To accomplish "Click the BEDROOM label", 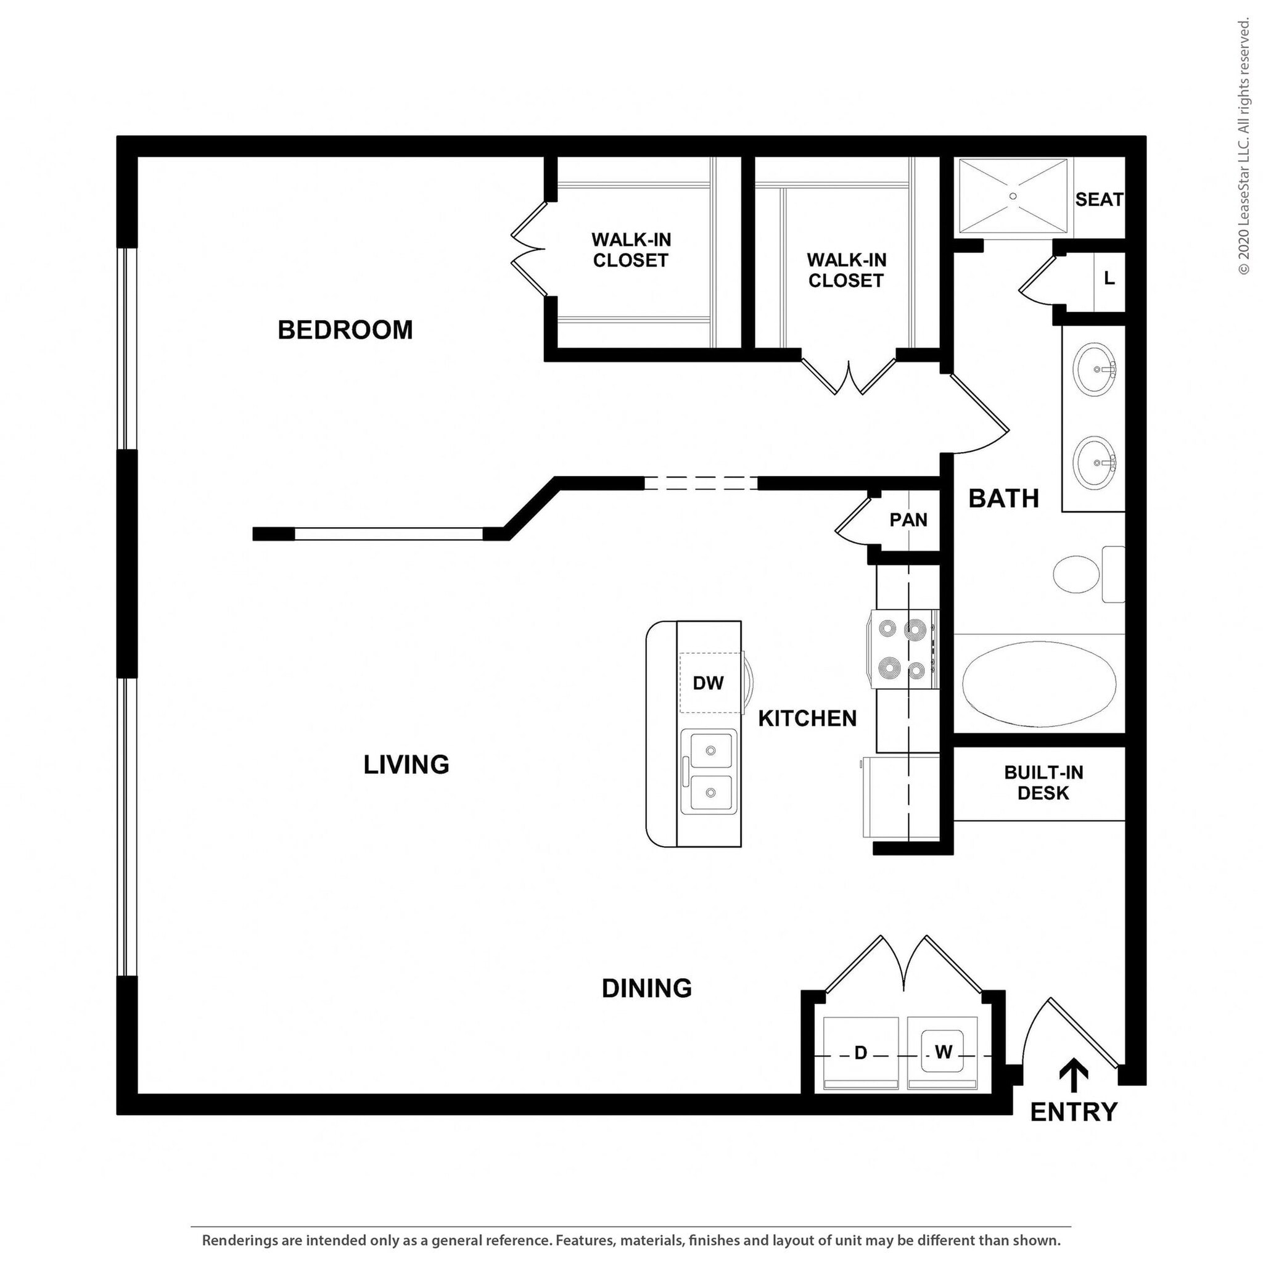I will pos(345,329).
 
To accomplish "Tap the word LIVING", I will pos(406,764).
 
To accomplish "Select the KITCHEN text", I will pos(807,718).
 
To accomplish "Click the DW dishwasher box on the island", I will pos(709,683).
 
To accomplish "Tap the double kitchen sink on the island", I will pos(709,772).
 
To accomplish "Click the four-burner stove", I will pos(902,649).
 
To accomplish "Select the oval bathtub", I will pos(1039,684).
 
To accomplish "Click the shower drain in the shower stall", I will pos(1013,196).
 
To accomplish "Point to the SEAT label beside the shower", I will pos(1099,199).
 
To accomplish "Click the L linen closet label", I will pos(1109,279).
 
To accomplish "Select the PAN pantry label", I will pos(908,520).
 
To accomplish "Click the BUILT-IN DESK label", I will pos(1043,783).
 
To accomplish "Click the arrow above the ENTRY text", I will pos(1073,1076).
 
